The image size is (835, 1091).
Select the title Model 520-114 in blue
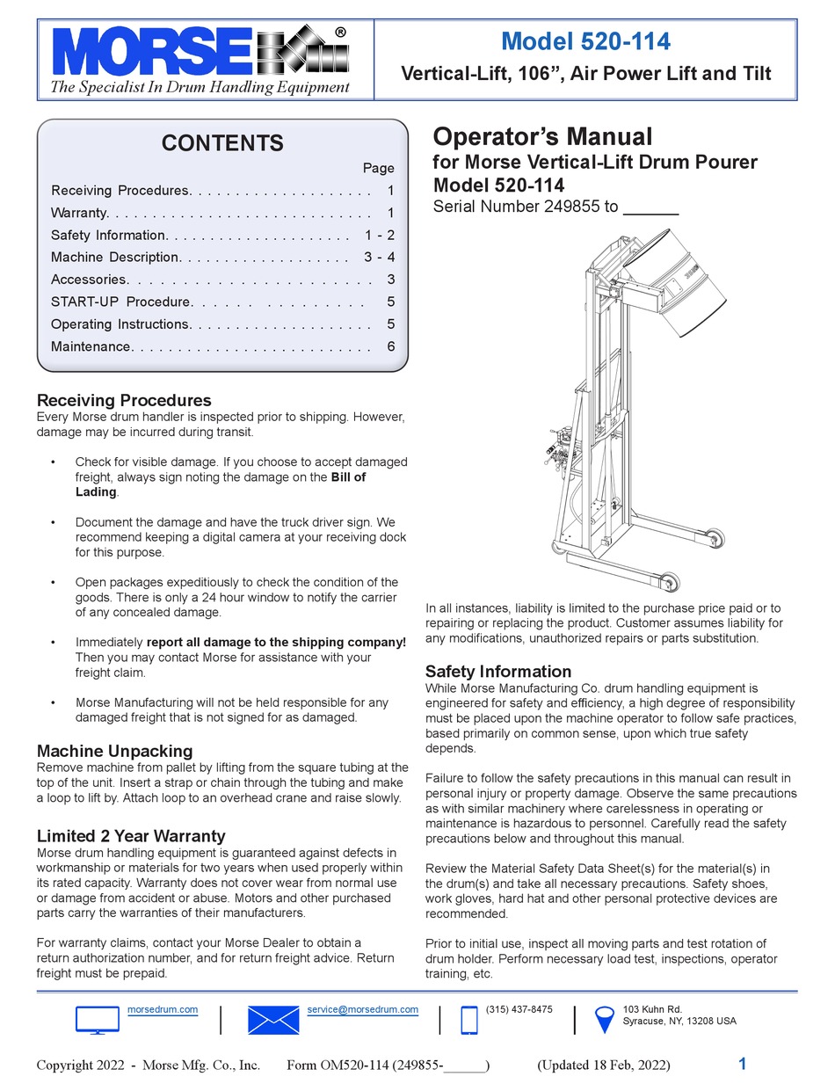585,41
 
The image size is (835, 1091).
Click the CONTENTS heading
222,143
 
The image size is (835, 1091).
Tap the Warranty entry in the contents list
79,213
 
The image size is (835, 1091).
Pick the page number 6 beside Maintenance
390,346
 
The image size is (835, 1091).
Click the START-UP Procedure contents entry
120,302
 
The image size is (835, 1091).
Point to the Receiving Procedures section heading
124,401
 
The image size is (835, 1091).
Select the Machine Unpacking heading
114,751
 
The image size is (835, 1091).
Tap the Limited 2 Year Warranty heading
131,836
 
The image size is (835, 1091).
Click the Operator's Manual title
542,137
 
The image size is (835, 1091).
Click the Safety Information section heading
498,672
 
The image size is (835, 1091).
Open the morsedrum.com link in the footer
163,1009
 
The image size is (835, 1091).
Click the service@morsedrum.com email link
362,1009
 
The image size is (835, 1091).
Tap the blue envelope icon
273,1020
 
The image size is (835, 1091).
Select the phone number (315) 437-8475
519,1009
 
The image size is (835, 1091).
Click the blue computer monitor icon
97,1020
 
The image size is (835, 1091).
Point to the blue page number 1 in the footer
743,1064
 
